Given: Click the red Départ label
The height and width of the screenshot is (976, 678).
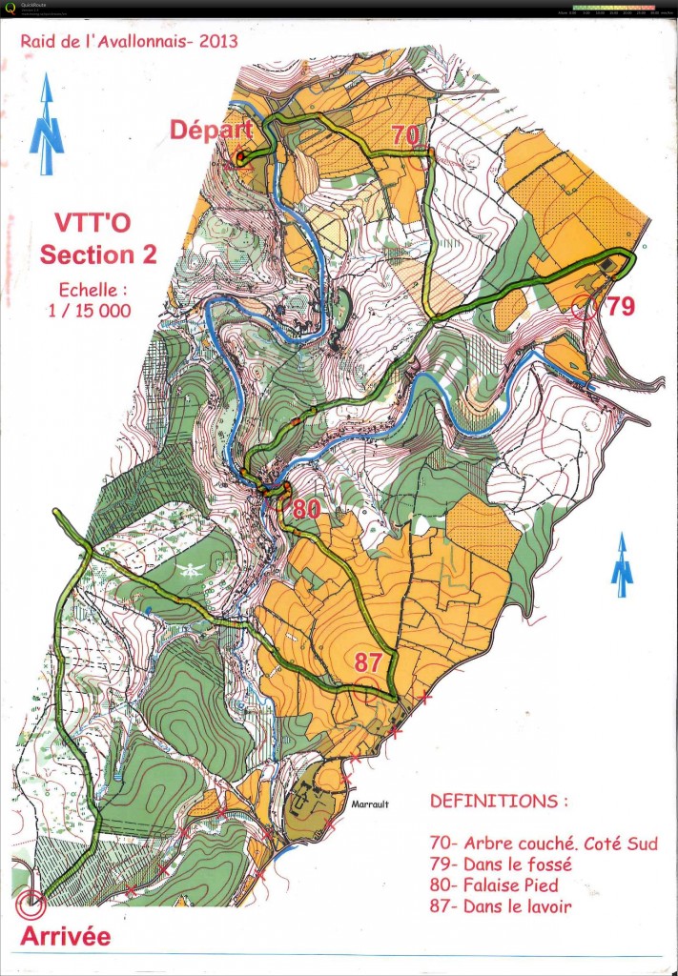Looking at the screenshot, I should [x=211, y=131].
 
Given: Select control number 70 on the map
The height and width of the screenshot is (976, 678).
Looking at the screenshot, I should [x=404, y=135].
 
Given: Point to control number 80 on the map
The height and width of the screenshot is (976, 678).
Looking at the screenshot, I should [x=306, y=509].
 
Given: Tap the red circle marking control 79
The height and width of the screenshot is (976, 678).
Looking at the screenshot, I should [x=589, y=307].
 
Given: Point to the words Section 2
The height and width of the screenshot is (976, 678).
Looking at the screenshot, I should [x=98, y=255].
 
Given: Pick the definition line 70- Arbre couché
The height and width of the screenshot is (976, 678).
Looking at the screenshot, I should [x=544, y=844].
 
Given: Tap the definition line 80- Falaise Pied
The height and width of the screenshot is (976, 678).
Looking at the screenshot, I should [x=504, y=886].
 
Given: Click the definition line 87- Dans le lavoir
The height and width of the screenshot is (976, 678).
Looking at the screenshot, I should [x=501, y=907].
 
